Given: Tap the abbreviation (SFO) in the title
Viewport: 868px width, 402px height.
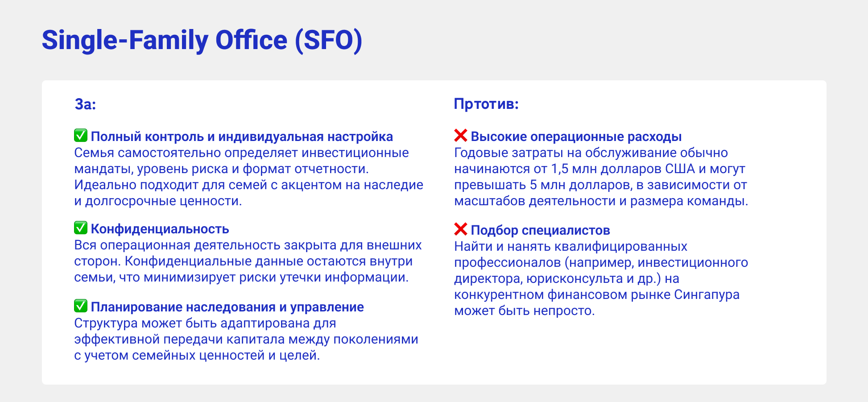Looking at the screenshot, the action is pyautogui.click(x=328, y=41).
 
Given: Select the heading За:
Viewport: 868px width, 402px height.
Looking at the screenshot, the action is pyautogui.click(x=85, y=104).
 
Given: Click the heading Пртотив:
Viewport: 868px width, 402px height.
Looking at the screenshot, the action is pyautogui.click(x=486, y=104).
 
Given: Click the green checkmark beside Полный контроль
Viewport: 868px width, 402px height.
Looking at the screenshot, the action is pyautogui.click(x=81, y=136).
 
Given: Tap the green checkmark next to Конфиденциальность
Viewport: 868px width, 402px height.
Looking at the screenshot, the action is pyautogui.click(x=81, y=228).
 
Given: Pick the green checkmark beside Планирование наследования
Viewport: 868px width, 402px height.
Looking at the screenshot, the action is pyautogui.click(x=81, y=306).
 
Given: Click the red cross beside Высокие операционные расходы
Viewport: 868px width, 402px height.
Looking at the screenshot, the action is pyautogui.click(x=461, y=136).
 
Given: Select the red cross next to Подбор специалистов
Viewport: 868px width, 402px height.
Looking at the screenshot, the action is pyautogui.click(x=461, y=229).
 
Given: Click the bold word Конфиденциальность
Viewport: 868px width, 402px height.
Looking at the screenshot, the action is pyautogui.click(x=160, y=229).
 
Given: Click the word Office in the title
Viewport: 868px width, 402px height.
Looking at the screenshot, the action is pyautogui.click(x=252, y=41).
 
